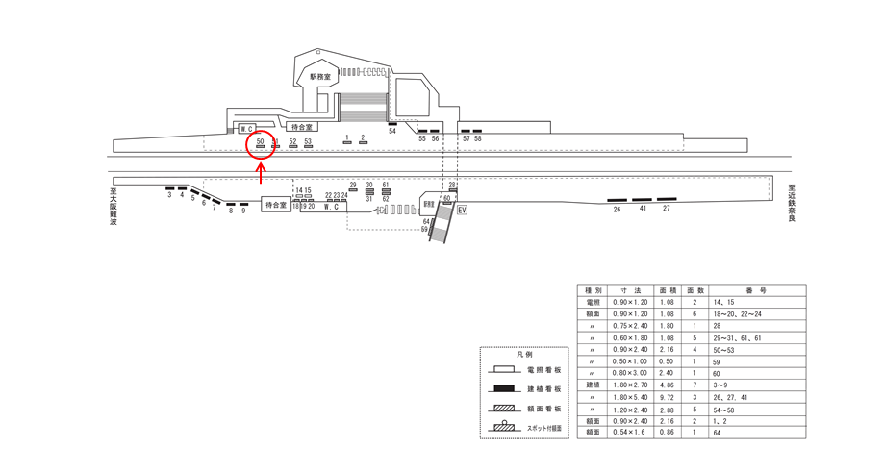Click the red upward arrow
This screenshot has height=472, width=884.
(262, 173)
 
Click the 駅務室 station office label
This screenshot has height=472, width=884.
(319, 76)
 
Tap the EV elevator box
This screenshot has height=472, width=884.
(462, 210)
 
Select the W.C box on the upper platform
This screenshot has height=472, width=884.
(246, 129)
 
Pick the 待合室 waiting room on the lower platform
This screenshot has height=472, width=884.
(275, 205)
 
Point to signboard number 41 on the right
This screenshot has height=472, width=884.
(642, 208)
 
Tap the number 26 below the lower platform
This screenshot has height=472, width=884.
(617, 208)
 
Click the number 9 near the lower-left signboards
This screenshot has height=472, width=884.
(243, 211)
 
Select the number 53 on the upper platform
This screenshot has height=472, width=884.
(308, 141)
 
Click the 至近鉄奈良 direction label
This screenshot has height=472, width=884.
(791, 203)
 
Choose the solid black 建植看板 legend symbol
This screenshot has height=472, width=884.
(503, 388)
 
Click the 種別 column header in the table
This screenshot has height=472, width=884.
(593, 289)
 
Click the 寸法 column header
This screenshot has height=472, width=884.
(631, 289)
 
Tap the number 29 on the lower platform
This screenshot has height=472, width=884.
(353, 184)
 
